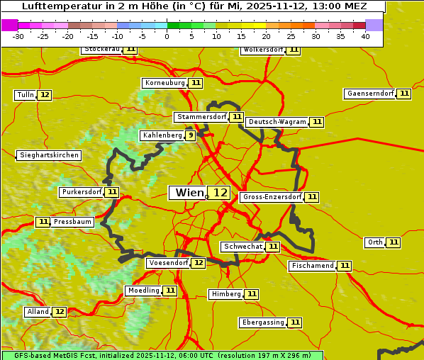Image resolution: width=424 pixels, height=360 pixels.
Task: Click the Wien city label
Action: tap(188, 193)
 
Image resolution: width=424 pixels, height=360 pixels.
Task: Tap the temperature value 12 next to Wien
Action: tap(221, 193)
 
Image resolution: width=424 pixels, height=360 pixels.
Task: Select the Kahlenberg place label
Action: tap(162, 135)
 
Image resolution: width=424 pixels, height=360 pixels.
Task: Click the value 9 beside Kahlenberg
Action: tap(191, 135)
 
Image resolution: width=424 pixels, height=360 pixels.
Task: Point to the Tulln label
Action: tap(25, 95)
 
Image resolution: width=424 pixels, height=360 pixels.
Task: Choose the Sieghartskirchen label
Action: tap(49, 155)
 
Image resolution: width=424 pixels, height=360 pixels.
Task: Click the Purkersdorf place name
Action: tap(82, 192)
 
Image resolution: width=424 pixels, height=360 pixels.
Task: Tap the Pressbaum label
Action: tap(72, 222)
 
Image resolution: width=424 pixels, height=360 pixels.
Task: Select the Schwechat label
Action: tap(242, 247)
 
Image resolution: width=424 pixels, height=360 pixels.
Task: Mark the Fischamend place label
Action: tap(312, 266)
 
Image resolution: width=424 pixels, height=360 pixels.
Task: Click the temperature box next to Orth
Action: tap(394, 242)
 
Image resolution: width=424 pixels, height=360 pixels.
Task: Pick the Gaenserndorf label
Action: tap(369, 94)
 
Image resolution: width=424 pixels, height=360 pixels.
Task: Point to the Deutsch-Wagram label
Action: tap(277, 122)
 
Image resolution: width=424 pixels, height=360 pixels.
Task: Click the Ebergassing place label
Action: tap(262, 322)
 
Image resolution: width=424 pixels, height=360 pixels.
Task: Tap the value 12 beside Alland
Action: tap(60, 312)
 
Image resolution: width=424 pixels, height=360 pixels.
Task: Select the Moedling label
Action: tap(143, 291)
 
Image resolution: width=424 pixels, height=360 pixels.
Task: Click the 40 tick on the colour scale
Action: tap(365, 36)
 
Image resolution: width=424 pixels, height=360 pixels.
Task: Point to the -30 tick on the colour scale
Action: tap(19, 36)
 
